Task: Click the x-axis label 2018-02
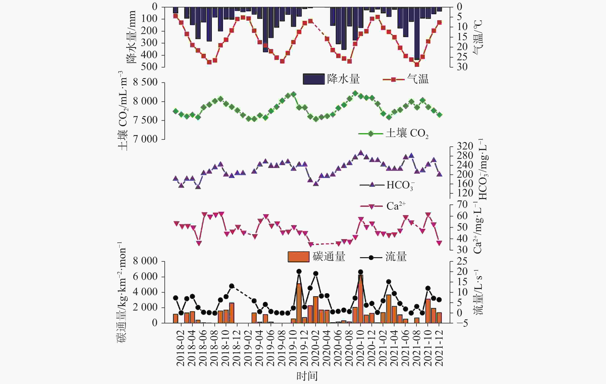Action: click(x=181, y=348)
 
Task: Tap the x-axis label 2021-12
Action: click(x=439, y=348)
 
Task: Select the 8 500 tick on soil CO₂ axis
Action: click(x=145, y=82)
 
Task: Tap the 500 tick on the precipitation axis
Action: click(x=149, y=67)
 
